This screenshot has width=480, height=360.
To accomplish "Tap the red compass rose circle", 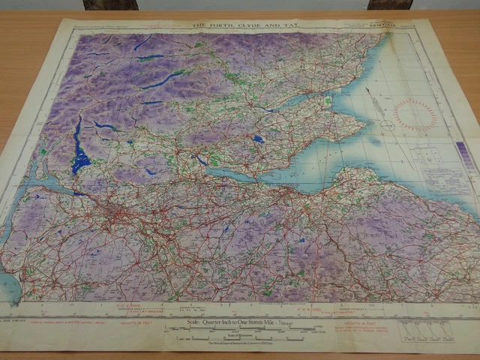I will point(414,115).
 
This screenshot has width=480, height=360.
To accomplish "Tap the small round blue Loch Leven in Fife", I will point(259,139).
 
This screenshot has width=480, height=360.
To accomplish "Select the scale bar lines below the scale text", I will point(240,331).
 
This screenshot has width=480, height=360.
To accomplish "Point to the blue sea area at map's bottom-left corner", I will point(9,285).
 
